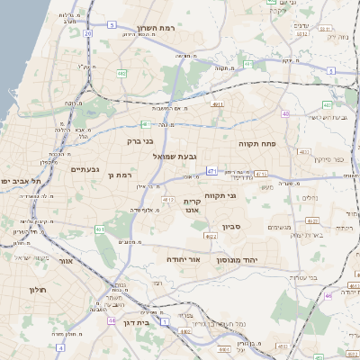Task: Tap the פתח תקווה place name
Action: point(257,143)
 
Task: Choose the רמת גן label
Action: point(120,175)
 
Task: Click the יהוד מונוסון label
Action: point(237,258)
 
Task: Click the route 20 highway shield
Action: point(88,33)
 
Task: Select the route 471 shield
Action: point(211,170)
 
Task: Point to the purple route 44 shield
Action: point(112,319)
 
